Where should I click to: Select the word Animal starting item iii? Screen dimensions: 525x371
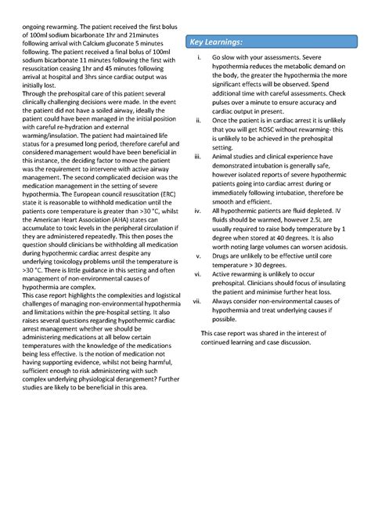(225, 157)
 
